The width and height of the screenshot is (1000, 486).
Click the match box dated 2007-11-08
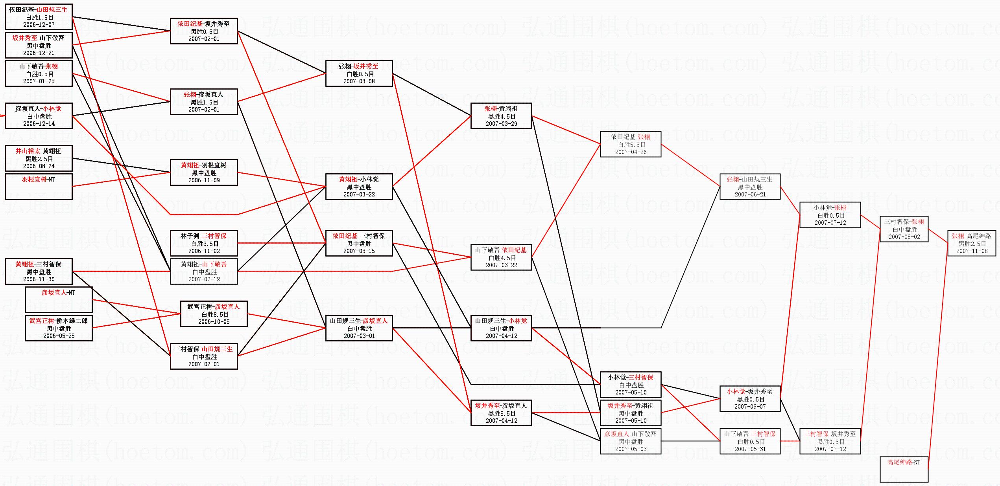click(x=972, y=243)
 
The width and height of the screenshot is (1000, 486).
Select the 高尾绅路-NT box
click(x=904, y=469)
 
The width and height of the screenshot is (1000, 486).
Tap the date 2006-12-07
click(x=39, y=25)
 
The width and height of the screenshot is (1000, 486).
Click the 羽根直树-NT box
click(x=39, y=186)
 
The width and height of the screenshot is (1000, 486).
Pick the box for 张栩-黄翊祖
click(x=501, y=116)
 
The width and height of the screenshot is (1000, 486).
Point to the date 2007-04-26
click(x=631, y=152)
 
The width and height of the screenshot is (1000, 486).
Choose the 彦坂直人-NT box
click(x=59, y=299)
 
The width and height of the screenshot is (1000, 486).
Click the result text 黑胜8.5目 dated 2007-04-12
click(x=501, y=413)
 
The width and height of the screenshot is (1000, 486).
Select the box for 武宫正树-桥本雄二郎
click(x=59, y=328)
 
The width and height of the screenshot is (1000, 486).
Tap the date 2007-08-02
click(x=904, y=237)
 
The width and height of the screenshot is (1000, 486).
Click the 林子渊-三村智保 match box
click(x=204, y=243)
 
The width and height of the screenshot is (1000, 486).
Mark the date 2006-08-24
click(x=39, y=166)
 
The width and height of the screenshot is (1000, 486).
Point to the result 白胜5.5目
click(x=631, y=145)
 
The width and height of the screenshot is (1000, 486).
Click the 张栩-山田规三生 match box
click(x=750, y=187)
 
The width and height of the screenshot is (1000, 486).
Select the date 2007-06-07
click(x=750, y=407)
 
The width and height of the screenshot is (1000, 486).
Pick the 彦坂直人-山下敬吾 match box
click(x=630, y=441)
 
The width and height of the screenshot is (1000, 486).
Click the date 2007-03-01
click(x=359, y=336)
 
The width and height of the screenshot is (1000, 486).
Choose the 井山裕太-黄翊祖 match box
click(x=39, y=158)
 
